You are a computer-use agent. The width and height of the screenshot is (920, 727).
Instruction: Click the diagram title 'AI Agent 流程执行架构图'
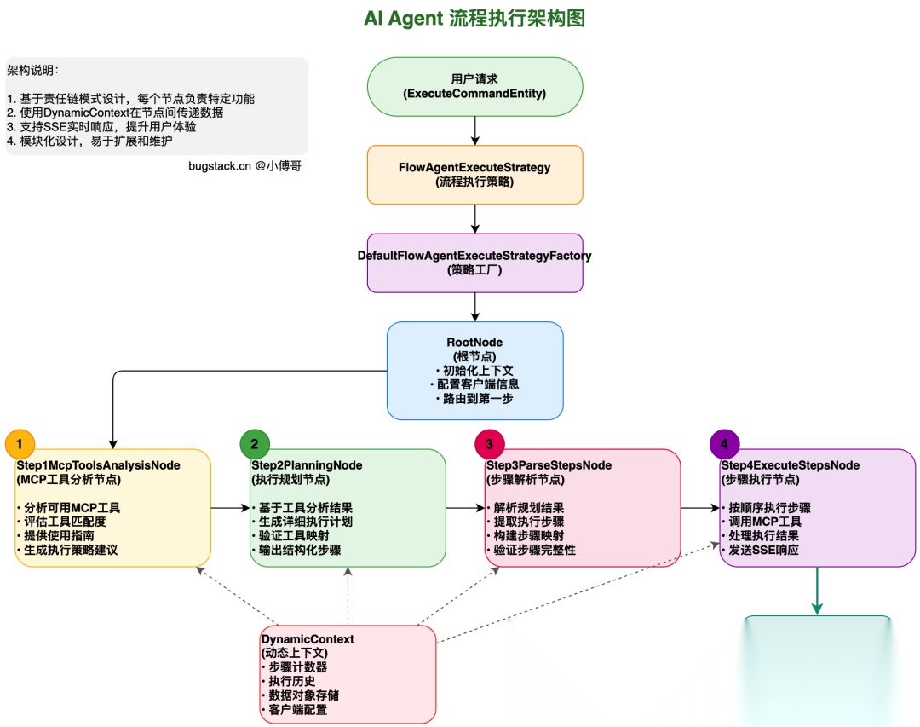point(474,18)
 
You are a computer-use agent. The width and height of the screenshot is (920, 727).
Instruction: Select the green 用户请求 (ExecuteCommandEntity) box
point(474,86)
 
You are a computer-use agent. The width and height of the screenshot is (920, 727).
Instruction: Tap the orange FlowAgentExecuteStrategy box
point(474,174)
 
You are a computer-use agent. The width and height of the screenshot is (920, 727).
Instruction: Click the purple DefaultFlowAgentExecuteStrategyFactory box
point(474,263)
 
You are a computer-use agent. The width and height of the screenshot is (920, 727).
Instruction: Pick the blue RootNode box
point(474,370)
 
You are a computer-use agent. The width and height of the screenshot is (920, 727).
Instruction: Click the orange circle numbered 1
point(20,444)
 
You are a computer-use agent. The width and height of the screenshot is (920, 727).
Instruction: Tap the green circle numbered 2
point(255,444)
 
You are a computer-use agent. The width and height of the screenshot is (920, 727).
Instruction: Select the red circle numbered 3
point(489,444)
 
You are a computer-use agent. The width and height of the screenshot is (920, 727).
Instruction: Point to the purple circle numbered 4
point(724,444)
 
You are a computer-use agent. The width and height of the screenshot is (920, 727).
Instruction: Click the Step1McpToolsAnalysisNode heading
point(98,465)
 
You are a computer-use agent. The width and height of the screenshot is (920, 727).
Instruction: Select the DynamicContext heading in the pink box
point(308,638)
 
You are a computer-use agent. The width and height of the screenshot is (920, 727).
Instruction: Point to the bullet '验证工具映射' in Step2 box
point(291,535)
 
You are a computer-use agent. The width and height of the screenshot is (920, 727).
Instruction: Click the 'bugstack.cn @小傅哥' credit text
point(244,166)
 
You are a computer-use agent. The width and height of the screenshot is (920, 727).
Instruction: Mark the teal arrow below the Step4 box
point(817,591)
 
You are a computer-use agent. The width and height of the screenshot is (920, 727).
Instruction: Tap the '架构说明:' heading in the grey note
point(33,70)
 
